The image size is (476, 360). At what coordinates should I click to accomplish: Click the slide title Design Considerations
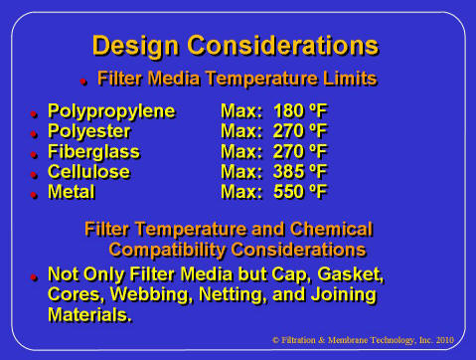(x=235, y=46)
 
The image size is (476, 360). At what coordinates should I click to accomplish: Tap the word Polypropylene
(x=110, y=111)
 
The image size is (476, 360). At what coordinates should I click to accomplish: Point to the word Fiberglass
(x=93, y=152)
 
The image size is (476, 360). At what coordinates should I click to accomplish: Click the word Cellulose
(x=90, y=172)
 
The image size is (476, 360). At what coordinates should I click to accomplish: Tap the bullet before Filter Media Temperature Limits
(x=84, y=80)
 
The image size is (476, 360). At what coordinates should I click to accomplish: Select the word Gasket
(x=350, y=274)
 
